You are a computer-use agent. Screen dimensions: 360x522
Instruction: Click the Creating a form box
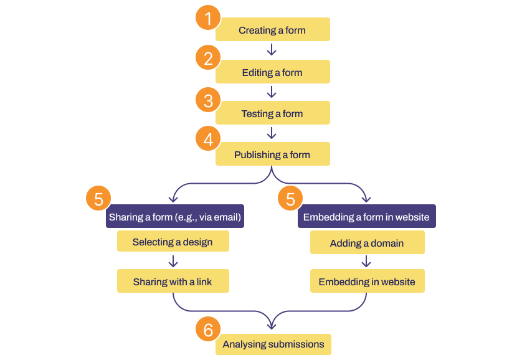pyautogui.click(x=272, y=30)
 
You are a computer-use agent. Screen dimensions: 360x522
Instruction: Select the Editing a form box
pyautogui.click(x=272, y=72)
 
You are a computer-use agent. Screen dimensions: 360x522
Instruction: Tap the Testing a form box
pyautogui.click(x=272, y=113)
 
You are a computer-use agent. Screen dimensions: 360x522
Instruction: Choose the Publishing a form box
pyautogui.click(x=272, y=154)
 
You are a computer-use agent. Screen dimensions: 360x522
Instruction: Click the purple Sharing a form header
pyautogui.click(x=174, y=217)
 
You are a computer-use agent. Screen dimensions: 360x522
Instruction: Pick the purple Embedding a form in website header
pyautogui.click(x=366, y=217)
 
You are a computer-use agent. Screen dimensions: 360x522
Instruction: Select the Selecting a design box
pyautogui.click(x=173, y=242)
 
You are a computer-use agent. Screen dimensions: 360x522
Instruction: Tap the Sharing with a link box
pyautogui.click(x=173, y=282)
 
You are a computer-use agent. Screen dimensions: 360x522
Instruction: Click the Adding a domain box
pyautogui.click(x=367, y=243)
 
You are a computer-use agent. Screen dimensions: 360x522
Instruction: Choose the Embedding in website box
pyautogui.click(x=367, y=282)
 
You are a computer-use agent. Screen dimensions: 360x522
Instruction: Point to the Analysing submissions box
pyautogui.click(x=273, y=344)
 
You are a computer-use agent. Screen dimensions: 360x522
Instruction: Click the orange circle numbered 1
pyautogui.click(x=208, y=18)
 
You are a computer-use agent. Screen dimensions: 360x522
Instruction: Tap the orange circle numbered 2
pyautogui.click(x=208, y=59)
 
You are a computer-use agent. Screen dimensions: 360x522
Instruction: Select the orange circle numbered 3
pyautogui.click(x=208, y=100)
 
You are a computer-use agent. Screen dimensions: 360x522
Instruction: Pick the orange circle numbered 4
pyautogui.click(x=208, y=140)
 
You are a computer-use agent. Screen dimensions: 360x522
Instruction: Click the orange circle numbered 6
pyautogui.click(x=208, y=330)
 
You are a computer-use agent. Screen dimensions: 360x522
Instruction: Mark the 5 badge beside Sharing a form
pyautogui.click(x=98, y=199)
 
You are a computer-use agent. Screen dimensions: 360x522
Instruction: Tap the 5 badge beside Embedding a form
pyautogui.click(x=290, y=199)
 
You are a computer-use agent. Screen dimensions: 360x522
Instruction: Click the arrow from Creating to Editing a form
pyautogui.click(x=272, y=50)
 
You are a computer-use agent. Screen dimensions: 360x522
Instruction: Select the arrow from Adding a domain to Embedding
pyautogui.click(x=367, y=261)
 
